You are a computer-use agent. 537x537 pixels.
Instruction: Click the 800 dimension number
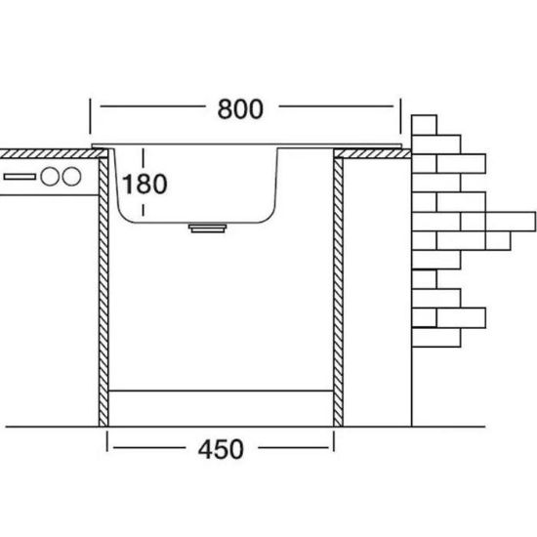coord(240,109)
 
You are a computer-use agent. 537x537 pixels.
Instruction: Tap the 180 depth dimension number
coord(145,184)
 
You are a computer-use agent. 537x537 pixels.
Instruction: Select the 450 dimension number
coord(221,449)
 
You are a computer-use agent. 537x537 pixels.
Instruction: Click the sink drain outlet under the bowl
coord(208,228)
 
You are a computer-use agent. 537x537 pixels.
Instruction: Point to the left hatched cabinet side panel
coord(103,292)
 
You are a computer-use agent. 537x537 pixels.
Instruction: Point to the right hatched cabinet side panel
coord(338,292)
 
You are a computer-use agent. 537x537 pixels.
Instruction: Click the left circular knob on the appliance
coord(50,177)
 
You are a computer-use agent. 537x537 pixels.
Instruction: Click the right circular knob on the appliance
coord(71,177)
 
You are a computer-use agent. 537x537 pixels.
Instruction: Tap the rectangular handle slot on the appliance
coord(20,177)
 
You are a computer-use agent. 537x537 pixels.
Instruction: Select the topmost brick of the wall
coord(424,125)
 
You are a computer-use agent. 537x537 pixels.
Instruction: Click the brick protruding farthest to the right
coord(511,222)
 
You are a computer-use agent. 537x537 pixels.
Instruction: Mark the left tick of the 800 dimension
coord(91,116)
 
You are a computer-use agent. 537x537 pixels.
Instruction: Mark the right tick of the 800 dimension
coord(400,116)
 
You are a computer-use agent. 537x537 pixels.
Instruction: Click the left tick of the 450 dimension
coord(107,441)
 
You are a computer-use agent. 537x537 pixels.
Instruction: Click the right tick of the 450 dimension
coord(334,441)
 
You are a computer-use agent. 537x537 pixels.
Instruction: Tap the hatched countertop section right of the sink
coord(373,153)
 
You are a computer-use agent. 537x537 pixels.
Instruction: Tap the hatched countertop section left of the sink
coord(52,153)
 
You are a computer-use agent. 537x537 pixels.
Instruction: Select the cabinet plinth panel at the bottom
coord(221,408)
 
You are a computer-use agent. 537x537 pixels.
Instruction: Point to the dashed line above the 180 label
coord(144,159)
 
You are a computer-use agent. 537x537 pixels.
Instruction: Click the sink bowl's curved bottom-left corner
coord(124,216)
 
